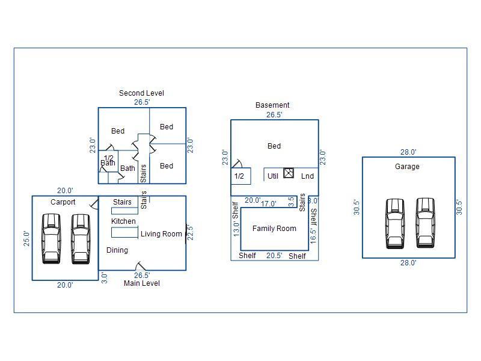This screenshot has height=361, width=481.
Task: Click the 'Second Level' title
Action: [141, 93]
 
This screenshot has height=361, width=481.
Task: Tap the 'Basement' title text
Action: [272, 105]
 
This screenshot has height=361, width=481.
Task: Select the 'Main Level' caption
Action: [142, 283]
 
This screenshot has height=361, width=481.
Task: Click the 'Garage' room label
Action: [407, 167]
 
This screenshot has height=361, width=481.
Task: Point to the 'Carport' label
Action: [63, 202]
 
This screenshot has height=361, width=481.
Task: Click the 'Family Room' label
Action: [274, 229]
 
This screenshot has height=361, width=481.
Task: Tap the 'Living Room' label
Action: [161, 234]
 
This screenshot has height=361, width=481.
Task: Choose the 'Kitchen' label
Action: [124, 221]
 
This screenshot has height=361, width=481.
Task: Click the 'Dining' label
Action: [117, 250]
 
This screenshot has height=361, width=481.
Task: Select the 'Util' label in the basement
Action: [273, 176]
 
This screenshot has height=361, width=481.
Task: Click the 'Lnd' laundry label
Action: [307, 176]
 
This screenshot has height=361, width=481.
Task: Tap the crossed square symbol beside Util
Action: [289, 173]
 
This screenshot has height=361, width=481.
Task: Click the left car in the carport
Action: [51, 239]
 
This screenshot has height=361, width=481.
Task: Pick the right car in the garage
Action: [425, 223]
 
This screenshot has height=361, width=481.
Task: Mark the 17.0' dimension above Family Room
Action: [269, 204]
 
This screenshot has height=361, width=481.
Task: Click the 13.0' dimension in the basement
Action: [236, 229]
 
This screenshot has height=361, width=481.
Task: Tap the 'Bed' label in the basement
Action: [274, 146]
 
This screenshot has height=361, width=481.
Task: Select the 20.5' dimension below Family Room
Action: [274, 256]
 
